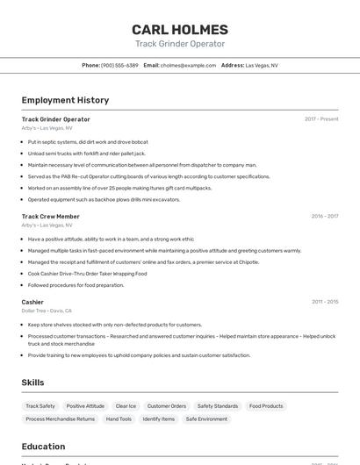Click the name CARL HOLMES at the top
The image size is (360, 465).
point(179,29)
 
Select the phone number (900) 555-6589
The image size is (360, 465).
point(119,65)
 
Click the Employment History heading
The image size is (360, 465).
point(65,100)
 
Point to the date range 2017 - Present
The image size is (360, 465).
point(321,119)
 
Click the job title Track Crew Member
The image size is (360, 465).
point(50,216)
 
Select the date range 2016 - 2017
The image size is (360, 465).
point(324,216)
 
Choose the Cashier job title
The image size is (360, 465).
point(32,302)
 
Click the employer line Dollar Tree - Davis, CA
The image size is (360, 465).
point(47,311)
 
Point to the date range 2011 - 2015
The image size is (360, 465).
point(324,302)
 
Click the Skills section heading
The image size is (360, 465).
point(32,383)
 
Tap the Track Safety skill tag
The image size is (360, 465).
point(40,406)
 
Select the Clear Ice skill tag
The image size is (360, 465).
point(126,406)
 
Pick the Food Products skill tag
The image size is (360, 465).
point(266,406)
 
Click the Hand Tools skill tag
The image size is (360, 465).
point(119,419)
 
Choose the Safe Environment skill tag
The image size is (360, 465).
point(206,419)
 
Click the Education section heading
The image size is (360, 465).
point(43,447)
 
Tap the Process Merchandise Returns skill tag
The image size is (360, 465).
point(61,419)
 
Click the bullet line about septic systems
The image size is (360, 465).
point(88,141)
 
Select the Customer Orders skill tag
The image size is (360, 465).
point(166,406)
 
